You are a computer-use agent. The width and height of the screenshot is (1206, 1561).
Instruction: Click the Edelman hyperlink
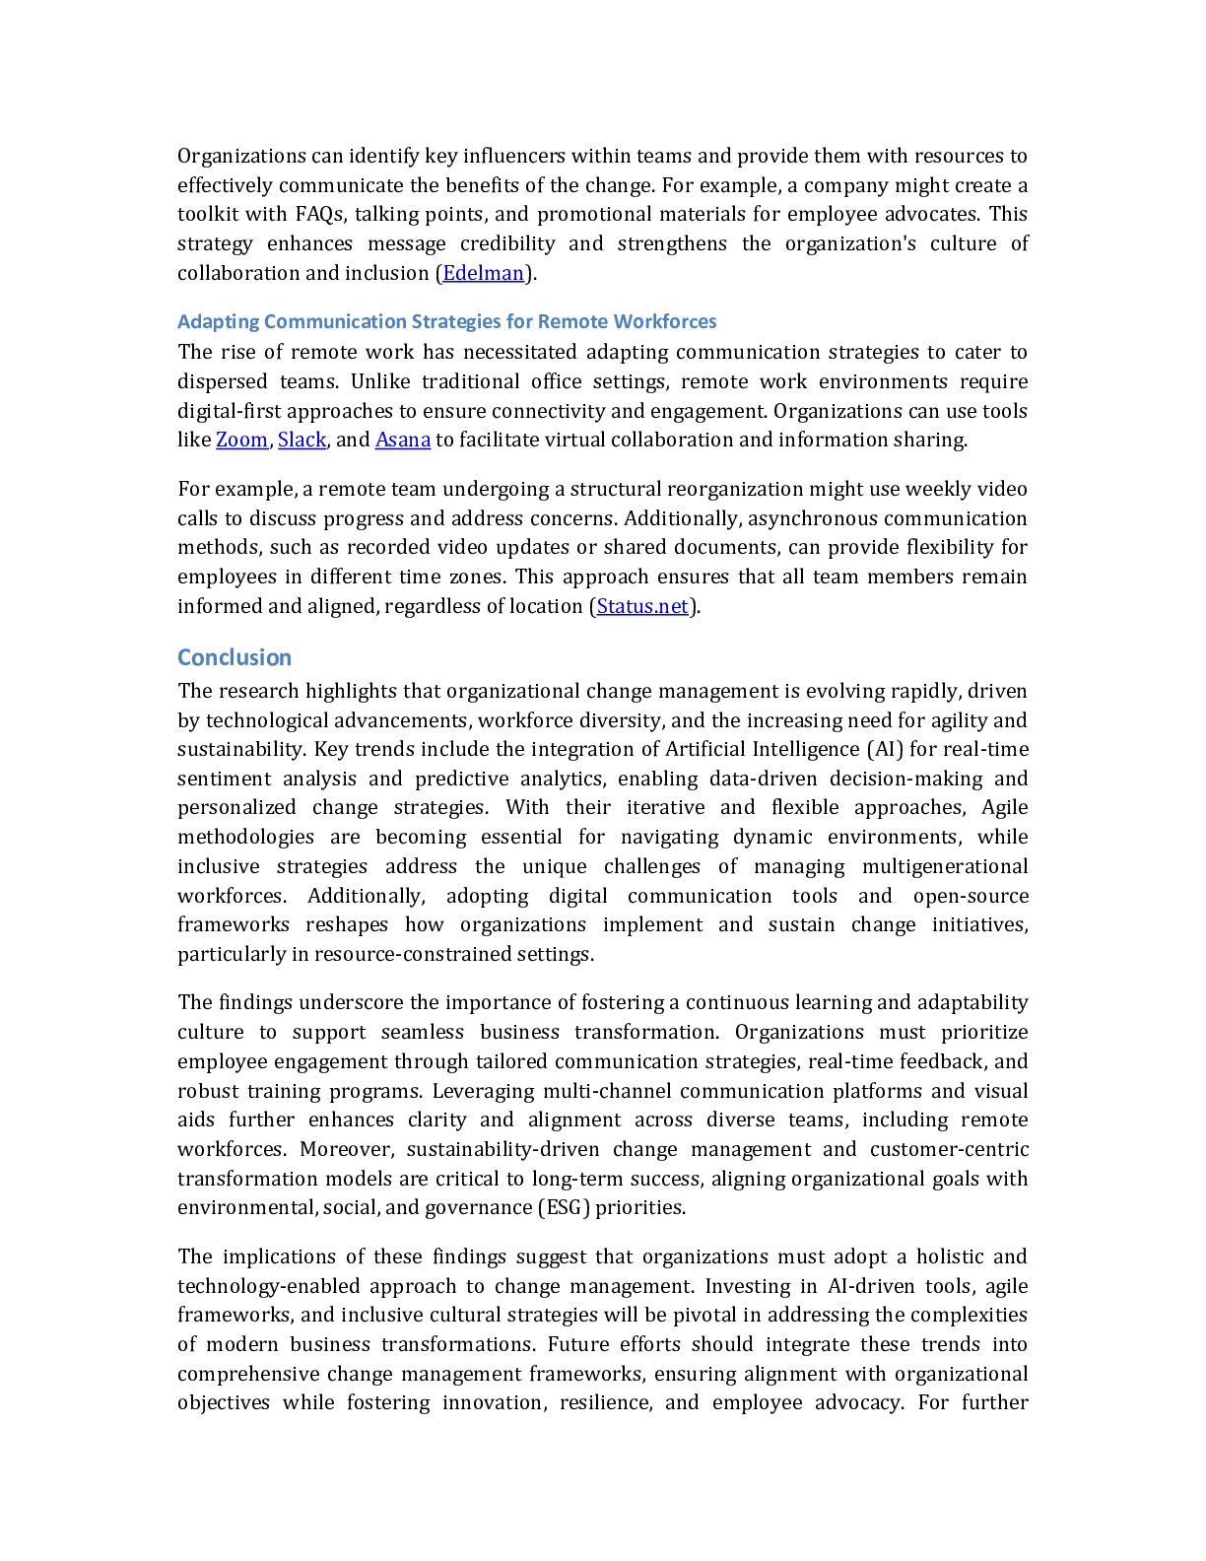click(483, 273)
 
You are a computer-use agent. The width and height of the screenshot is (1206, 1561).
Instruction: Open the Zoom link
click(241, 440)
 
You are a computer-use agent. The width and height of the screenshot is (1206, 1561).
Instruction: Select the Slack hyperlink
click(301, 440)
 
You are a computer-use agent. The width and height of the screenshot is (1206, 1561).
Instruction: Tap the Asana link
click(402, 440)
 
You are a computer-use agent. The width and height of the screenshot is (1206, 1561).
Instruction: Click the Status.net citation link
click(641, 606)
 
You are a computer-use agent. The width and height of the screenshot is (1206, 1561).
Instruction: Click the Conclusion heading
click(234, 657)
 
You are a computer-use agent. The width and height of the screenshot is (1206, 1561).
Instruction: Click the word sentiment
click(224, 779)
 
